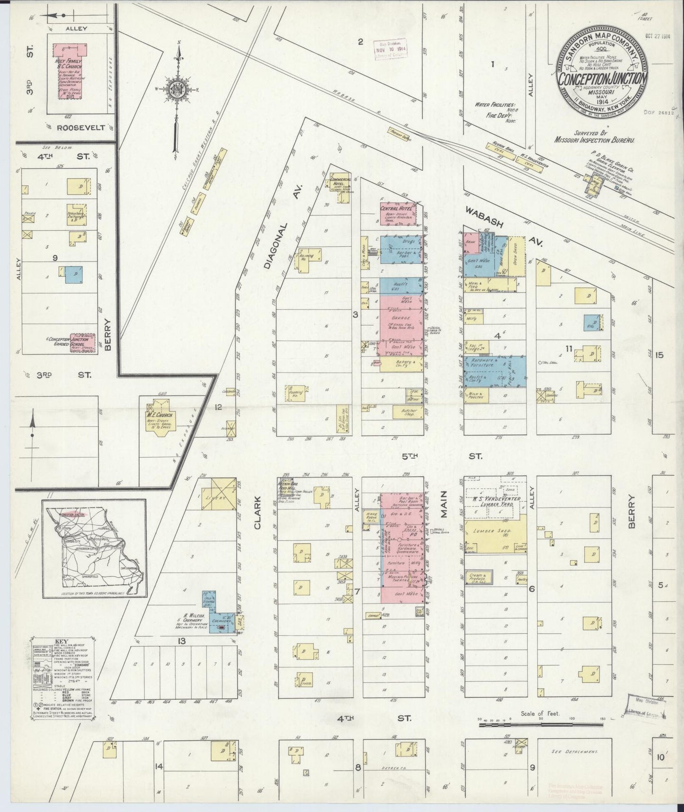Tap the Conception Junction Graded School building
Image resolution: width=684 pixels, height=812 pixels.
82,343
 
